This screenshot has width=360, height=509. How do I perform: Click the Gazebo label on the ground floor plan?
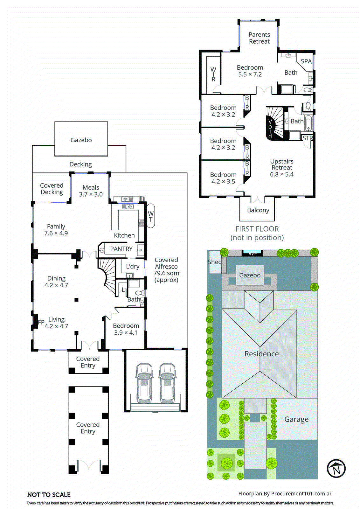click(81, 140)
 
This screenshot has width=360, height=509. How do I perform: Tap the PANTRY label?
click(121, 249)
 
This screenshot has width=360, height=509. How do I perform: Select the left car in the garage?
click(144, 383)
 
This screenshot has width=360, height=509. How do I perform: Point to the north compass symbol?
click(336, 468)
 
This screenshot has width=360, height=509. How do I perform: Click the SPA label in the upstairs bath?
click(306, 61)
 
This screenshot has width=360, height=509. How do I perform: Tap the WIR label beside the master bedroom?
click(213, 74)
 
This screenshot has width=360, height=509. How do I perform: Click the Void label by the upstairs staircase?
click(270, 129)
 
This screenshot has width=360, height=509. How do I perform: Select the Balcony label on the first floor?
click(258, 210)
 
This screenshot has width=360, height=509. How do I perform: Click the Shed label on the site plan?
click(215, 262)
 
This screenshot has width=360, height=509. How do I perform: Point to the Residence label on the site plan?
click(261, 354)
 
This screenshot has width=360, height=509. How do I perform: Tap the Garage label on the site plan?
click(296, 419)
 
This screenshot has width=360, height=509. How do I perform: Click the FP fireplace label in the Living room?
click(41, 322)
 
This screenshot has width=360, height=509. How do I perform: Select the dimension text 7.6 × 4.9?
click(56, 233)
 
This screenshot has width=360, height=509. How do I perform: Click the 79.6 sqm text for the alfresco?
click(166, 273)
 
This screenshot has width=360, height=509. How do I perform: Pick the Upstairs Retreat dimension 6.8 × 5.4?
click(282, 174)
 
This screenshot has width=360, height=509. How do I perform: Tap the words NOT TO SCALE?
click(49, 495)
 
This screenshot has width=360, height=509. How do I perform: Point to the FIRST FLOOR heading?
click(257, 229)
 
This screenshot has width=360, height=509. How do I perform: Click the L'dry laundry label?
click(133, 267)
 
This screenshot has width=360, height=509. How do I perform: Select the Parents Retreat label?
click(259, 38)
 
